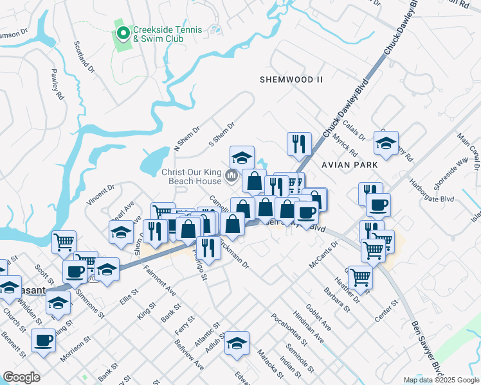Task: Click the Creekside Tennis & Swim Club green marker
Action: click(x=123, y=30)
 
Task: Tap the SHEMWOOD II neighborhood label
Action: click(x=291, y=80)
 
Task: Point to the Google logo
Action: click(x=22, y=377)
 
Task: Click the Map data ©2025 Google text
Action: click(x=441, y=380)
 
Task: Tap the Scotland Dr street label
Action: click(x=84, y=57)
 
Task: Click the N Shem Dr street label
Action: click(x=188, y=139)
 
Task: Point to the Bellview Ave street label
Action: click(x=189, y=355)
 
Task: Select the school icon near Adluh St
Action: click(x=237, y=343)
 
